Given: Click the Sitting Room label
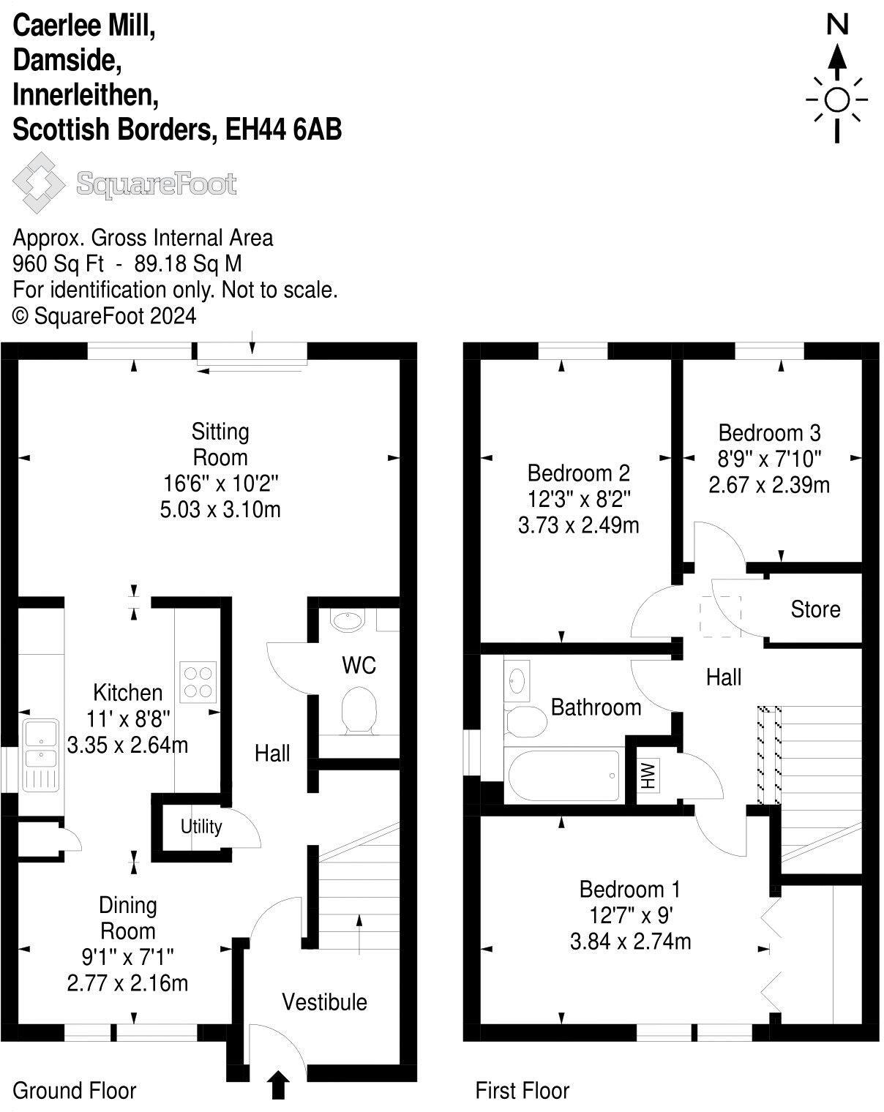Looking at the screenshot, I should [x=220, y=444].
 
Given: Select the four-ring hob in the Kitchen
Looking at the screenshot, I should [x=198, y=682].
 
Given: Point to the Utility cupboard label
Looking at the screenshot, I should [x=201, y=827].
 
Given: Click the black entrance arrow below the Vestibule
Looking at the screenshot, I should [x=278, y=1085].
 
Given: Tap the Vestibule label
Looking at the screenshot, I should [x=324, y=1002].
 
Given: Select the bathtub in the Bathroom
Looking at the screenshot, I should [x=561, y=775].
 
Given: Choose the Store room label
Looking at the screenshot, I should [x=815, y=609].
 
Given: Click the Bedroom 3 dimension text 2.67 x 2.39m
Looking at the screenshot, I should [x=769, y=485].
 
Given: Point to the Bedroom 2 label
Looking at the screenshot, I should [x=578, y=473].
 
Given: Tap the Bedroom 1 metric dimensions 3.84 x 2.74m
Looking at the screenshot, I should [x=630, y=942].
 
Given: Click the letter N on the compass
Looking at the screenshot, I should [x=837, y=26].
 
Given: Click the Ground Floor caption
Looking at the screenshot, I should [x=75, y=1091].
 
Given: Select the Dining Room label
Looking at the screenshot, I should [x=128, y=918].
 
